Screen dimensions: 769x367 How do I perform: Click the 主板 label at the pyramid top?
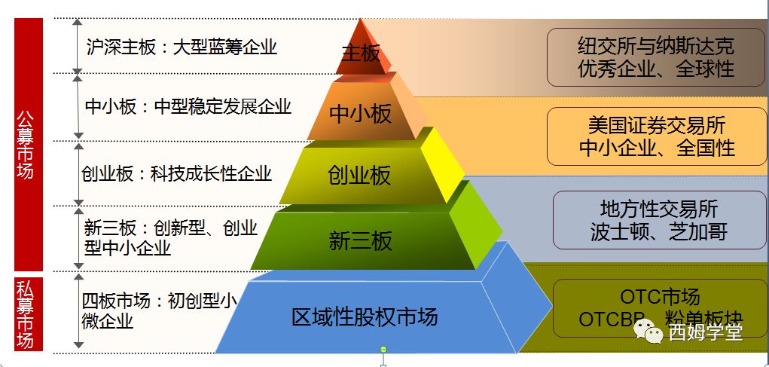click(x=361, y=54)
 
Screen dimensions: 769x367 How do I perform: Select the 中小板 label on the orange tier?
click(x=361, y=114)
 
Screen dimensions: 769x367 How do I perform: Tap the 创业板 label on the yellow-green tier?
click(x=359, y=176)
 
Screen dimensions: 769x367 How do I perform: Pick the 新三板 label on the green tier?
click(x=361, y=241)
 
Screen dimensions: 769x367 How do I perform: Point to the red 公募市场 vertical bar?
click(x=27, y=144)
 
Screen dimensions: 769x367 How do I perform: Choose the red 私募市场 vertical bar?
click(x=27, y=313)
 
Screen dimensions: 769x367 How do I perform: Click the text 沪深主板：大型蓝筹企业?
click(x=182, y=47)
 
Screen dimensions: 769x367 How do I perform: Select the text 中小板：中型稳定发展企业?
click(x=188, y=106)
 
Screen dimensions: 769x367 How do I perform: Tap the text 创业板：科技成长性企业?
click(x=176, y=173)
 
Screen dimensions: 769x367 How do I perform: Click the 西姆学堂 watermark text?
click(x=705, y=332)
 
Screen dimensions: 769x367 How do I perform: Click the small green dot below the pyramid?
click(x=383, y=349)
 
